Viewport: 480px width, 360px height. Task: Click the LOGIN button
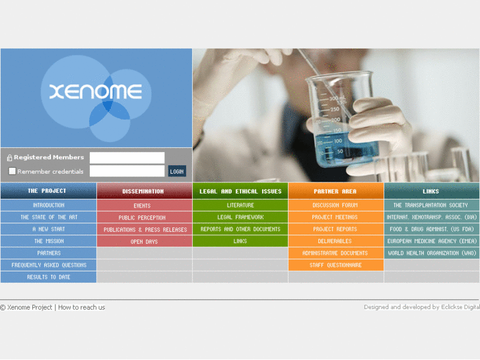coord(177,171)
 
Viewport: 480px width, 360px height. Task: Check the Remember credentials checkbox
coord(12,171)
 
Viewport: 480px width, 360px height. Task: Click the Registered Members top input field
coord(127,157)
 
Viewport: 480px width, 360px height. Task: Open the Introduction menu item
coord(49,205)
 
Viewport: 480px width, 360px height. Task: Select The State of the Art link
coord(49,217)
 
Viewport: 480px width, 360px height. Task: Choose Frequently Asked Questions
coord(49,265)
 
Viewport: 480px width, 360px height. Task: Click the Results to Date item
coord(49,277)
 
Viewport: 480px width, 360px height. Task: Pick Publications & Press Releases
coord(145,230)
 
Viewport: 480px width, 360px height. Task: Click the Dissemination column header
coord(143,192)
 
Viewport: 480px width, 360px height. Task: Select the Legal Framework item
coord(240,217)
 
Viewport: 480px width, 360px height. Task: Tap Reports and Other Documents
coord(240,229)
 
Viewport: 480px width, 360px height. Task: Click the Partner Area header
coord(335,192)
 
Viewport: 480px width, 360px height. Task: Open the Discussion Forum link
coord(335,205)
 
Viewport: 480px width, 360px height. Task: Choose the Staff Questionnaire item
coord(335,265)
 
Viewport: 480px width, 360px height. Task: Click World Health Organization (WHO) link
coord(432,253)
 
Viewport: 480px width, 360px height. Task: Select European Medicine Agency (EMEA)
coord(432,241)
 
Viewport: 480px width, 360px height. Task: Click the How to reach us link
coord(81,307)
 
